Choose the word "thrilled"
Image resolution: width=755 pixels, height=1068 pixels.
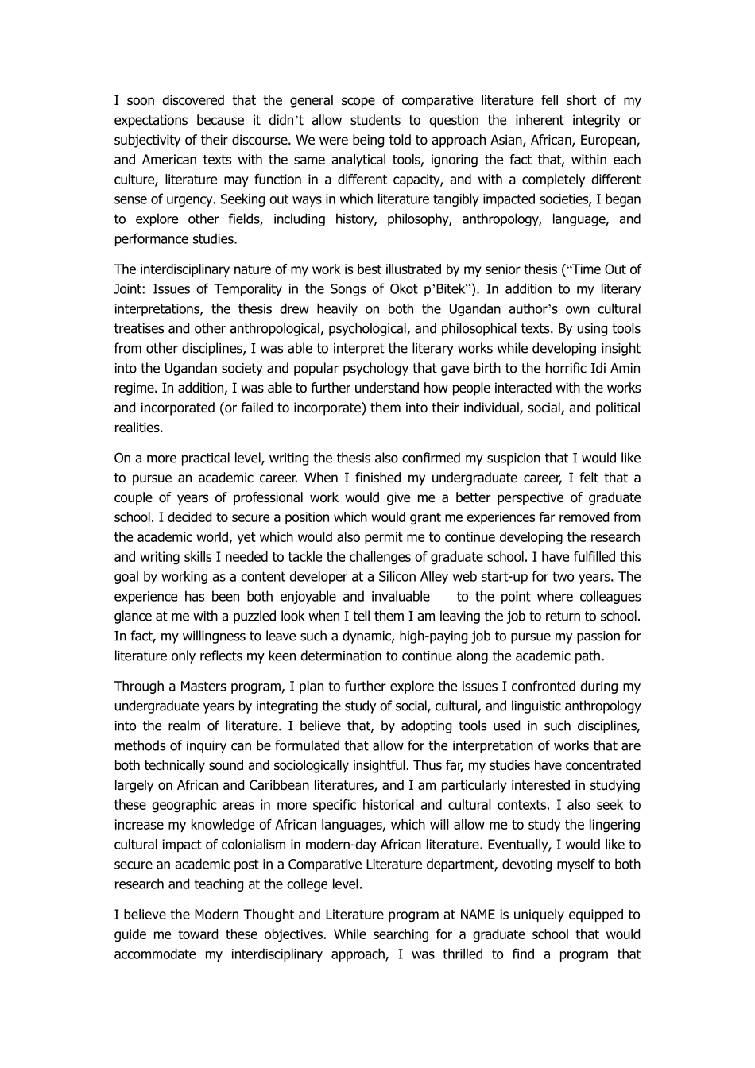click(x=457, y=954)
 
